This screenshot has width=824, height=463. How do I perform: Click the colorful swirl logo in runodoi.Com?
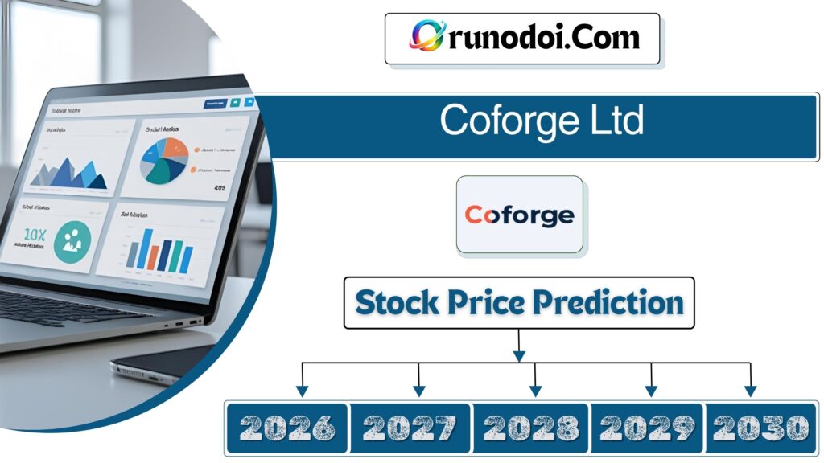(x=426, y=36)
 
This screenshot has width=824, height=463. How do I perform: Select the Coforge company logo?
(x=520, y=215)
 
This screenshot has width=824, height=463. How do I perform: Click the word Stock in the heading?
(x=396, y=303)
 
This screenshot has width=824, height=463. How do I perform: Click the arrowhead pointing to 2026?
(x=302, y=391)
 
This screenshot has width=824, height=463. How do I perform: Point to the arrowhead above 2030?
(x=750, y=391)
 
